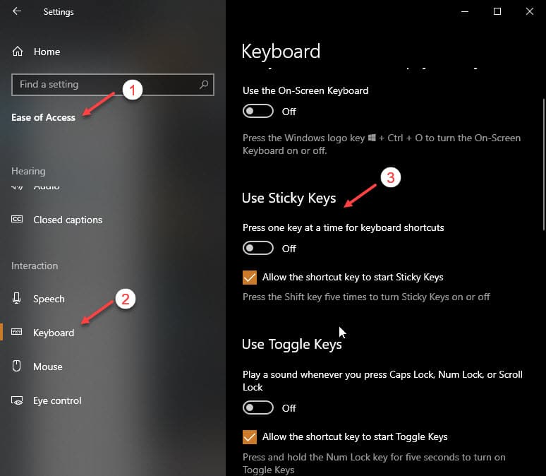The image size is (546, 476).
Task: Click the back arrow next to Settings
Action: (17, 11)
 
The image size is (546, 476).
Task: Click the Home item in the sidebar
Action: (47, 52)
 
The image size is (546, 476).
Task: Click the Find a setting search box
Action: (106, 85)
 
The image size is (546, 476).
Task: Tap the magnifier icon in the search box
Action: (204, 85)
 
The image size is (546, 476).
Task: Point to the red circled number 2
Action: (125, 299)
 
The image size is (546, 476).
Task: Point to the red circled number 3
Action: (391, 177)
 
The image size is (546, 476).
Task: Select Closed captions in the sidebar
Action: (67, 220)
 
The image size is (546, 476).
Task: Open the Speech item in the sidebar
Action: (49, 299)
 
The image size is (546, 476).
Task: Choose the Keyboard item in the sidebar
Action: (54, 333)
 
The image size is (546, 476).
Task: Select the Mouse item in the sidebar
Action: (48, 367)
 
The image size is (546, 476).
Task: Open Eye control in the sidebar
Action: (57, 400)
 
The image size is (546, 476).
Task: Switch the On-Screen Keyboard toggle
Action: (257, 112)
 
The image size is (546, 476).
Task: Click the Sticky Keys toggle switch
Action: (257, 249)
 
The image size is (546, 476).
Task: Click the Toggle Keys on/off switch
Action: (257, 408)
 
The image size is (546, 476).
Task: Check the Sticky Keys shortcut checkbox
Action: (249, 278)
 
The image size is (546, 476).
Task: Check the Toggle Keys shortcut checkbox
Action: (249, 437)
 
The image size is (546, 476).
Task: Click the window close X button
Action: (530, 11)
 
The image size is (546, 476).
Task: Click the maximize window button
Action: (497, 11)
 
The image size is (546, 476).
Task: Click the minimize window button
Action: (465, 11)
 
